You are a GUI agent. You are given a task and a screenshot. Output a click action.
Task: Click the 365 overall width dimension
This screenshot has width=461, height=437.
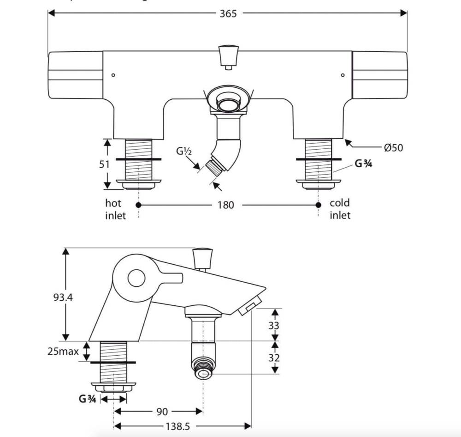tap(228, 13)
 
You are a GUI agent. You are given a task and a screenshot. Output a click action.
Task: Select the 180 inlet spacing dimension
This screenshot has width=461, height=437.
tap(226, 205)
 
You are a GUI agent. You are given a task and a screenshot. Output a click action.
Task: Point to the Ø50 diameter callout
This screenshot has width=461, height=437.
tap(393, 147)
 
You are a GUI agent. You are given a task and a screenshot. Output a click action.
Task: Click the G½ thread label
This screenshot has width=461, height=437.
tap(183, 151)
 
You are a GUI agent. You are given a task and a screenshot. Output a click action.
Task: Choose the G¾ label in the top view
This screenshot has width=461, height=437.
tap(363, 164)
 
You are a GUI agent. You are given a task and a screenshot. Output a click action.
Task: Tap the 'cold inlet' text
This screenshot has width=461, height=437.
tap(340, 209)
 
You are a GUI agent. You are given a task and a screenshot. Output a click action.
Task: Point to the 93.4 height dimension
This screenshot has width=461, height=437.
tap(62, 297)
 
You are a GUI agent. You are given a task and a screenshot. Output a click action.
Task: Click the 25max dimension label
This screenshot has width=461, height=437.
tap(63, 352)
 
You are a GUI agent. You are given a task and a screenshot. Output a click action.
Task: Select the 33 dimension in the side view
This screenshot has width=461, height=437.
tap(274, 326)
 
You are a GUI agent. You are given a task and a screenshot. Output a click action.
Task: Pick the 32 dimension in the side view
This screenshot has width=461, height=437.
tap(274, 358)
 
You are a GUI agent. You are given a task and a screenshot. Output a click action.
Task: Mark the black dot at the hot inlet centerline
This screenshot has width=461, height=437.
tap(138, 205)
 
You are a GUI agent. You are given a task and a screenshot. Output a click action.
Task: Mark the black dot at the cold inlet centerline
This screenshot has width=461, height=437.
tap(318, 205)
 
